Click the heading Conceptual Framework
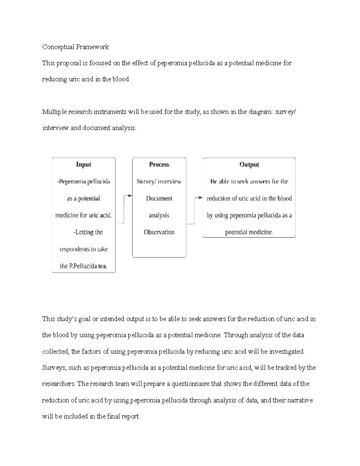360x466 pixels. tap(75, 47)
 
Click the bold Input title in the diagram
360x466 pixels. tap(83, 164)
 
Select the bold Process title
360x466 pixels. tap(159, 164)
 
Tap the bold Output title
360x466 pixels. tap(249, 164)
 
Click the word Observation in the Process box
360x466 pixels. tap(159, 232)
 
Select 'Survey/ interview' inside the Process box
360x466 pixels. tap(159, 182)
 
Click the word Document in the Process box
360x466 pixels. tap(159, 198)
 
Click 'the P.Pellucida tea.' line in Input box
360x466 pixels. tap(84, 266)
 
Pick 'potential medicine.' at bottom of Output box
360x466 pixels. tap(249, 232)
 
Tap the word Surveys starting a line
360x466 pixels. tap(54, 368)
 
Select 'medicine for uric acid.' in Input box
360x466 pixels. tap(83, 215)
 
